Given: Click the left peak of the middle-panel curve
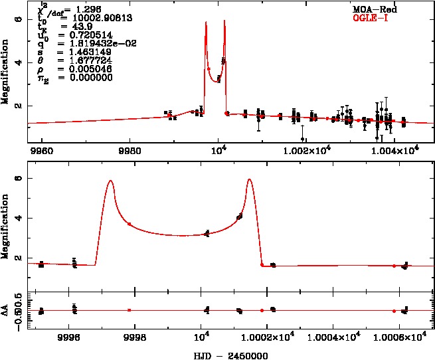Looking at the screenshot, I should point(111,181).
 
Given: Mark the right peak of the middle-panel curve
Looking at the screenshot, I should point(249,179).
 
